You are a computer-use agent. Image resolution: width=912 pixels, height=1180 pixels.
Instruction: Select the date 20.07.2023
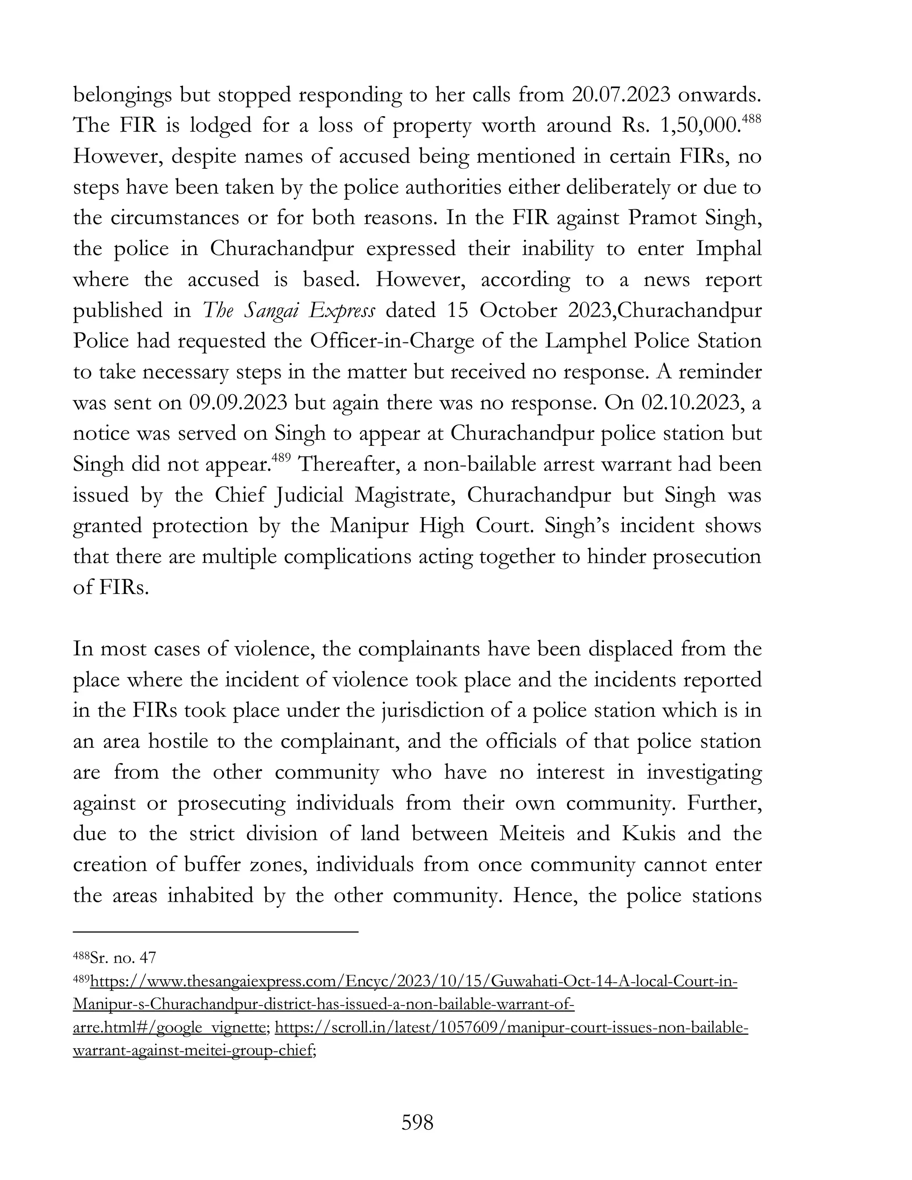[x=621, y=94]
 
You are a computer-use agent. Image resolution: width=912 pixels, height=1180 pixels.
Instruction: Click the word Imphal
[x=729, y=248]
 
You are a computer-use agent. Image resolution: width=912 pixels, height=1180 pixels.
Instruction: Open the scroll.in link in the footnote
[x=511, y=1028]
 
